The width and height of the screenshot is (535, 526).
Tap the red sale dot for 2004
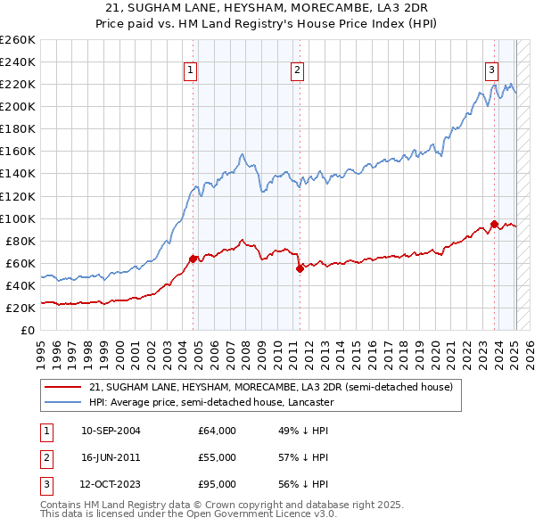(193, 259)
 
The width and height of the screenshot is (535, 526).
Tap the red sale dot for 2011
(300, 268)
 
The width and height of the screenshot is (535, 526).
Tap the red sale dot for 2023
(494, 224)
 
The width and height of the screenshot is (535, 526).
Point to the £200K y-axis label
(18, 106)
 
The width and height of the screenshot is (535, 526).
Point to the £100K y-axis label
(18, 218)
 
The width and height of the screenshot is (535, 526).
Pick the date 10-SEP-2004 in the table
(111, 431)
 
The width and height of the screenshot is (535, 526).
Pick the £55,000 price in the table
(217, 457)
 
